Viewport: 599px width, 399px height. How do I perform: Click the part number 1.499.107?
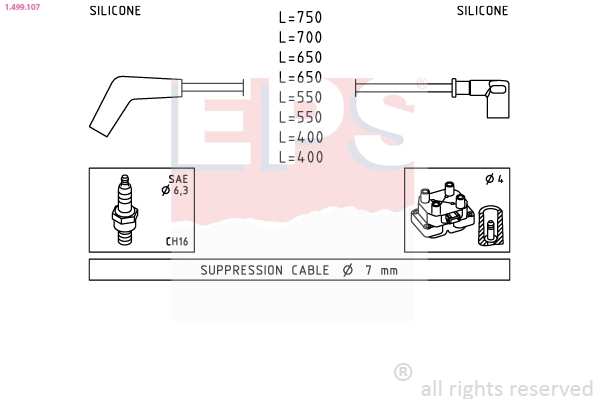pyautogui.click(x=23, y=7)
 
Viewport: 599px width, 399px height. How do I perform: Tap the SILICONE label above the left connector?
pyautogui.click(x=115, y=11)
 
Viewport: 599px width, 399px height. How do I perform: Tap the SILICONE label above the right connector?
pyautogui.click(x=482, y=11)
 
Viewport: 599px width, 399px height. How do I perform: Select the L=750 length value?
pyautogui.click(x=300, y=17)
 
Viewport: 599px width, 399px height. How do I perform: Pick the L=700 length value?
pyautogui.click(x=300, y=37)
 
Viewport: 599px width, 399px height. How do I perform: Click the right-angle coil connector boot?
pyautogui.click(x=490, y=98)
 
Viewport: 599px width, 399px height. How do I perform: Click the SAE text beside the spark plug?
pyautogui.click(x=178, y=179)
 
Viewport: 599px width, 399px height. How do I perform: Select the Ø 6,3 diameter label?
pyautogui.click(x=175, y=190)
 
